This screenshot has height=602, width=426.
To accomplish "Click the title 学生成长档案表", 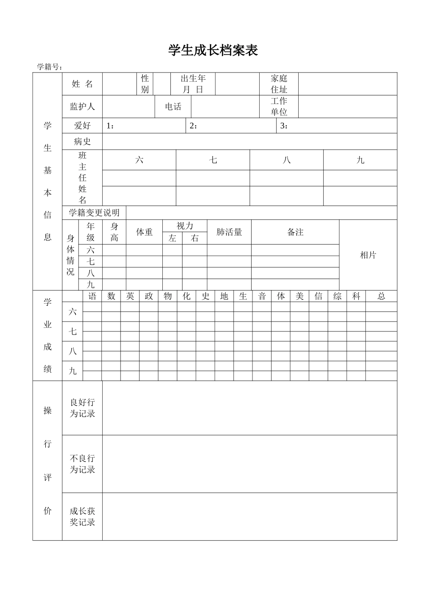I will click(x=213, y=50).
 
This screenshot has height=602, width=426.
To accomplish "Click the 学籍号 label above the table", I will click(x=49, y=67).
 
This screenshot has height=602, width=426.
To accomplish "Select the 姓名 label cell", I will click(x=83, y=84).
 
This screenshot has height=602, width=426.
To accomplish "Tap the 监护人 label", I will click(x=83, y=107).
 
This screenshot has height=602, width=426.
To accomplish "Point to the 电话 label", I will click(x=173, y=107).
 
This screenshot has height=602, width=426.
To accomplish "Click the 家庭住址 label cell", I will click(x=279, y=84).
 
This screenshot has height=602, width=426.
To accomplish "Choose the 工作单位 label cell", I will click(x=279, y=107).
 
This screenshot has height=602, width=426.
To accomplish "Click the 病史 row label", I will click(x=83, y=142).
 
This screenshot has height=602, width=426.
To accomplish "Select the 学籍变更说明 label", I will click(x=94, y=212).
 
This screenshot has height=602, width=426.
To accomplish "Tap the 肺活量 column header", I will click(x=229, y=232).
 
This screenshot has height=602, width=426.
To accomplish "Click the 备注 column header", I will click(x=295, y=232).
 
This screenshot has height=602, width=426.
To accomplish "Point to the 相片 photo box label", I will click(x=368, y=255).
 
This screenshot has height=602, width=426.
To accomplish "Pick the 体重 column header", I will click(x=144, y=232).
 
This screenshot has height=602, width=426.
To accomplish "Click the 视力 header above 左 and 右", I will click(x=185, y=226).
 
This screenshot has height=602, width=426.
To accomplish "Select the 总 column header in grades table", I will click(x=381, y=296).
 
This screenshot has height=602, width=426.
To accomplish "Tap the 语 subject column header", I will click(x=92, y=296).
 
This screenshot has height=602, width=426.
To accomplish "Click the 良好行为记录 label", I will click(x=83, y=408).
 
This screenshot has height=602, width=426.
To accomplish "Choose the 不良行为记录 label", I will click(x=83, y=464).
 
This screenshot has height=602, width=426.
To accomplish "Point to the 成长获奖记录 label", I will click(x=83, y=516).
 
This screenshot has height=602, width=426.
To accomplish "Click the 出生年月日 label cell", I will click(x=193, y=84).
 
